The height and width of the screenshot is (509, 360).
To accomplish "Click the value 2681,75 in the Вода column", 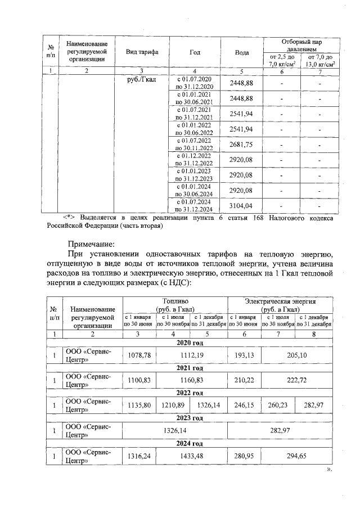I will (x=241, y=145).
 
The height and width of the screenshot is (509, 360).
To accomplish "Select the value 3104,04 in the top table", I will (x=241, y=205).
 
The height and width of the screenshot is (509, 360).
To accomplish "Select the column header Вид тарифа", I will (x=142, y=52).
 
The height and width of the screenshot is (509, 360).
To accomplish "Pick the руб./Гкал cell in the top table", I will (x=142, y=80).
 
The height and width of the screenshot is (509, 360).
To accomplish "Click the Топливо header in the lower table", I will (x=175, y=305).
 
